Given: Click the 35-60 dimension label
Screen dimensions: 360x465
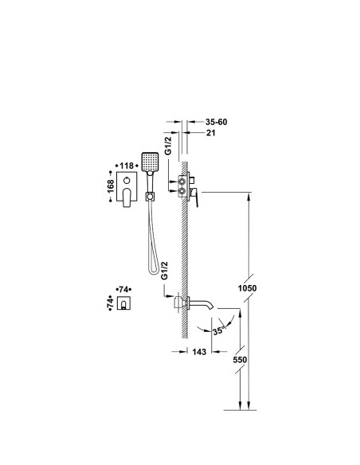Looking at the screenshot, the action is coord(216,122).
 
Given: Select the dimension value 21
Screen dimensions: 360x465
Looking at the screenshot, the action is coord(210,133).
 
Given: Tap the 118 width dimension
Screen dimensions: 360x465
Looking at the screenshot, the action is coord(127,166).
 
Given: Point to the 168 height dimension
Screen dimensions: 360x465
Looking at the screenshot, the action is coord(111,186).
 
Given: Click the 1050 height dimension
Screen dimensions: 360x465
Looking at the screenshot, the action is coord(248,288).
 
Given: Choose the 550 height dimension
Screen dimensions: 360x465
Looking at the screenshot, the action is coord(240,360).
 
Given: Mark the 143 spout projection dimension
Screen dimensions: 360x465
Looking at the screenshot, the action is coord(199,352).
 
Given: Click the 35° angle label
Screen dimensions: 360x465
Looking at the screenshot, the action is coord(218,330).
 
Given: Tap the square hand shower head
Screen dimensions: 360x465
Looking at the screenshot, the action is coord(150,162).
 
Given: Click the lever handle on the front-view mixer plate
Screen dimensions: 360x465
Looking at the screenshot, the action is coord(127,197).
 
